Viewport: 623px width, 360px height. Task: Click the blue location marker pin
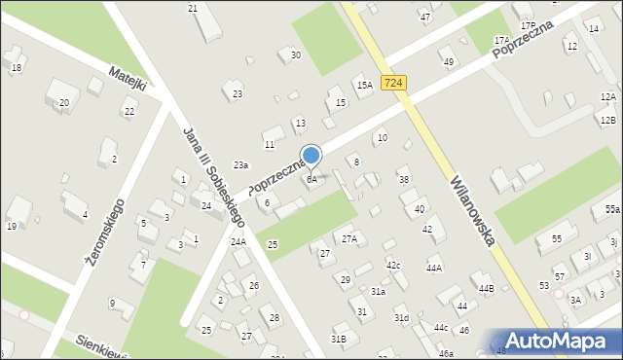311,156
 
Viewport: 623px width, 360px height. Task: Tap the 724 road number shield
393,84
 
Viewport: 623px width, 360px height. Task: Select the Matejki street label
128,79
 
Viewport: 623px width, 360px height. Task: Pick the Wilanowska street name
474,209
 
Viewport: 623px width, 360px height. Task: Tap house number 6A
311,180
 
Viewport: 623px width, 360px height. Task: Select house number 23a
240,165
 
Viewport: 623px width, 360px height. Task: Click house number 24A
238,241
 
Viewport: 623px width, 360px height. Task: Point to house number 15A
364,86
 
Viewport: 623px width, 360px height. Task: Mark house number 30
295,55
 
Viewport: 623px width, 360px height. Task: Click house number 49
448,62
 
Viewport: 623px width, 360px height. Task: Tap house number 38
404,180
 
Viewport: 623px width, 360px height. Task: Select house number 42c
393,265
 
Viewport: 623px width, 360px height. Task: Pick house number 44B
486,288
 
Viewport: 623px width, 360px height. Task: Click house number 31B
338,339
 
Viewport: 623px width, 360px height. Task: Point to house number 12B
607,120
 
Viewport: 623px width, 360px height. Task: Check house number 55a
611,209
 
